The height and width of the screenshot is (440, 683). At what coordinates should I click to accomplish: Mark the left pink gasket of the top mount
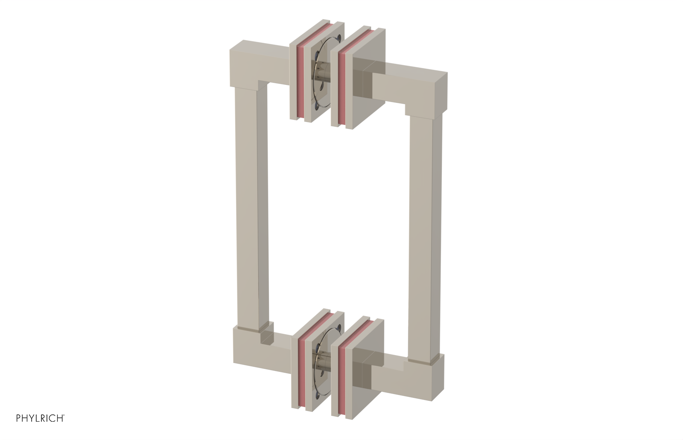pos(302,81)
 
